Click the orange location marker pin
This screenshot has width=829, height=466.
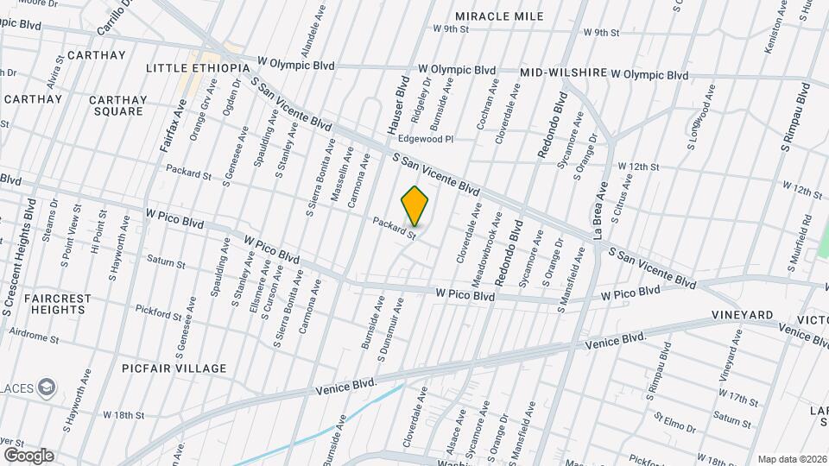pos(415,205)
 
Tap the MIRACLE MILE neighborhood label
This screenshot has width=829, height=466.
pos(499,16)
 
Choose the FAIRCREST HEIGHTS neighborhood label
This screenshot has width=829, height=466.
pos(58,305)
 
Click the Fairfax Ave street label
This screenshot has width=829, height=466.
pos(174,126)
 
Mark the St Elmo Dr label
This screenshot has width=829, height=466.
pos(674,425)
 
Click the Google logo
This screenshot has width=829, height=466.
pos(28,455)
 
